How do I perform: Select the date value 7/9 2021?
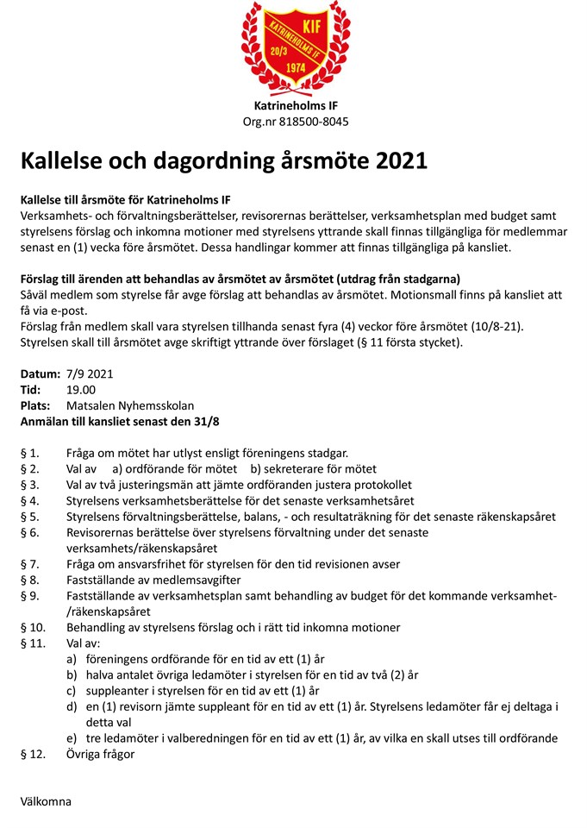90,374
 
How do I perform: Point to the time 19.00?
81,390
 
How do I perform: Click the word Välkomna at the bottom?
46,801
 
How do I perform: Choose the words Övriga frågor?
100,754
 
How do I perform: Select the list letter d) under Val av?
72,706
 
